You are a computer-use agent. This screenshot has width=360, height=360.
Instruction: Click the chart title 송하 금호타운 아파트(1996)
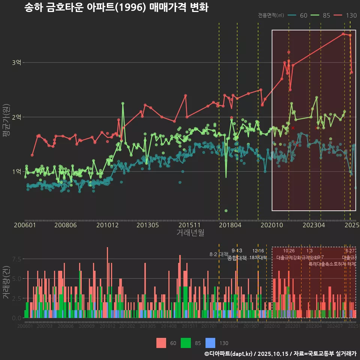point(116,7)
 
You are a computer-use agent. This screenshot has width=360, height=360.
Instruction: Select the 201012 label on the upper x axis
point(108,225)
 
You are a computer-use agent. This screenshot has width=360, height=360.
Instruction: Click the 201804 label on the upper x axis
point(230,225)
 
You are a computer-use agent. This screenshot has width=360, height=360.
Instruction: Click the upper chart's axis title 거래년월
point(190,233)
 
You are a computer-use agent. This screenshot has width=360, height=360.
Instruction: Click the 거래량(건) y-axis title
point(6,282)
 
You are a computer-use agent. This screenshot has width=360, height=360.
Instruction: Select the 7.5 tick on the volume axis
point(16,259)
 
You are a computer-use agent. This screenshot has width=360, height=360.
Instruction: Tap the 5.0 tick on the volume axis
point(16,279)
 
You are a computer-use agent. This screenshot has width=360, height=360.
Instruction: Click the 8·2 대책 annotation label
point(219,254)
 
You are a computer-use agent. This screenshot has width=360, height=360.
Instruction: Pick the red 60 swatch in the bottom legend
point(161,343)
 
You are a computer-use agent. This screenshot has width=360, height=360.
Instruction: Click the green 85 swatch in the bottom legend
point(186,343)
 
